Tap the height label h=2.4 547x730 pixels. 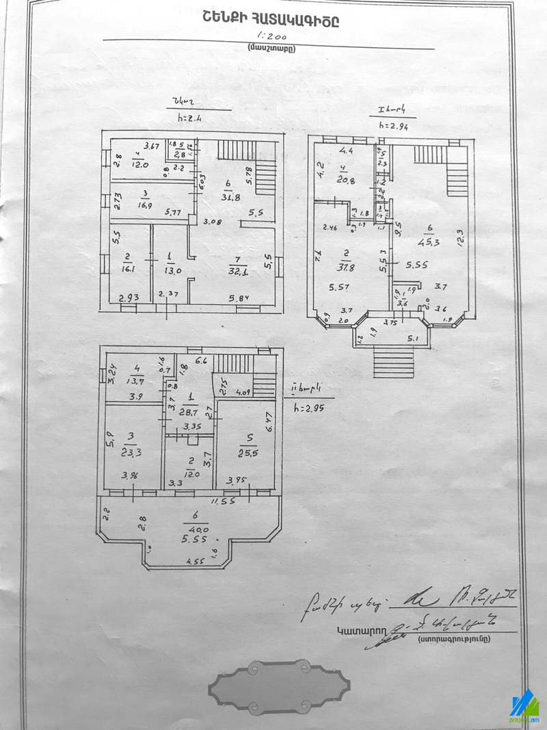tap(187, 117)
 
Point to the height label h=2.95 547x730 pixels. tap(306, 409)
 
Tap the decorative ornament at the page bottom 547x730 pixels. tap(279, 684)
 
